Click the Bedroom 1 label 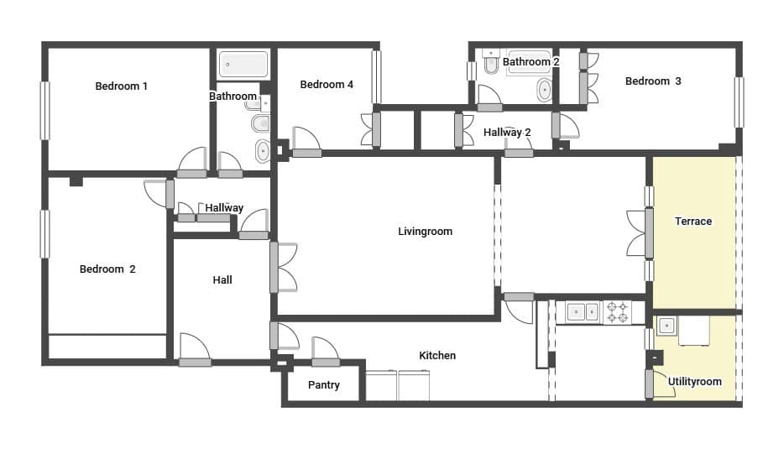(121, 86)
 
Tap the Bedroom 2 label (107, 269)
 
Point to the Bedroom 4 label (327, 84)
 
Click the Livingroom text (425, 232)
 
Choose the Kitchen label (437, 356)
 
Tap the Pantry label (323, 385)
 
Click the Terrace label (693, 222)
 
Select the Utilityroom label (694, 382)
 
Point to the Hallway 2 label (507, 132)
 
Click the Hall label (222, 280)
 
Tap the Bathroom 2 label (531, 62)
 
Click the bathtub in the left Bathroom (243, 65)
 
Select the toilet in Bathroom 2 (491, 61)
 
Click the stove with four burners (618, 311)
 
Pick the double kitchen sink (583, 311)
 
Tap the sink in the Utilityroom (666, 325)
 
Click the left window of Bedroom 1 (44, 110)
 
